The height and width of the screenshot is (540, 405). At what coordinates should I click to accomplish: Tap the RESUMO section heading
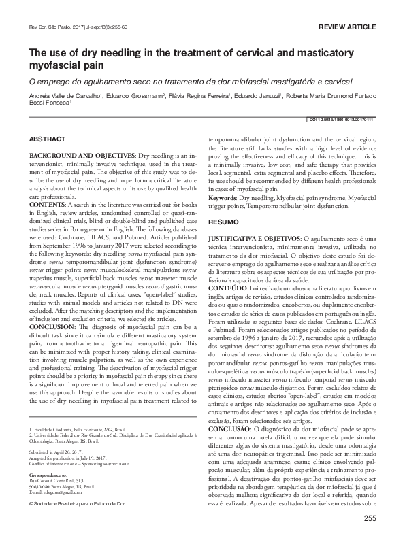(223, 222)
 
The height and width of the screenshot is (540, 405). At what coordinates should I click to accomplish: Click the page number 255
(370, 519)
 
